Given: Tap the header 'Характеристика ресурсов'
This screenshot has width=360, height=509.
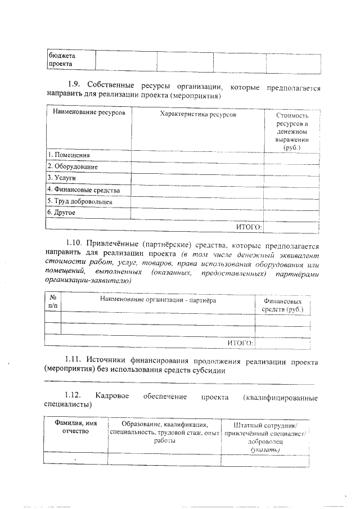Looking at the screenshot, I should (x=198, y=114).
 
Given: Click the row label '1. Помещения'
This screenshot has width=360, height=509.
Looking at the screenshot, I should (x=68, y=155).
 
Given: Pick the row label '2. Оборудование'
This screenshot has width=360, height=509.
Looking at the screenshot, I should (x=73, y=166).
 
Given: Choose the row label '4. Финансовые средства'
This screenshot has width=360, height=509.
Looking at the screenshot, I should (x=83, y=190).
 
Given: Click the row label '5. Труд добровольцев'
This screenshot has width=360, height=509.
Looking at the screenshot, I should (x=80, y=201).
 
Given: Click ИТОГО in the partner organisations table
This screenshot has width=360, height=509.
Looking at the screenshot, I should (x=240, y=342).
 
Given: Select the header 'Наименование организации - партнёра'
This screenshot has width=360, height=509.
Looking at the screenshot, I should (x=158, y=300).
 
